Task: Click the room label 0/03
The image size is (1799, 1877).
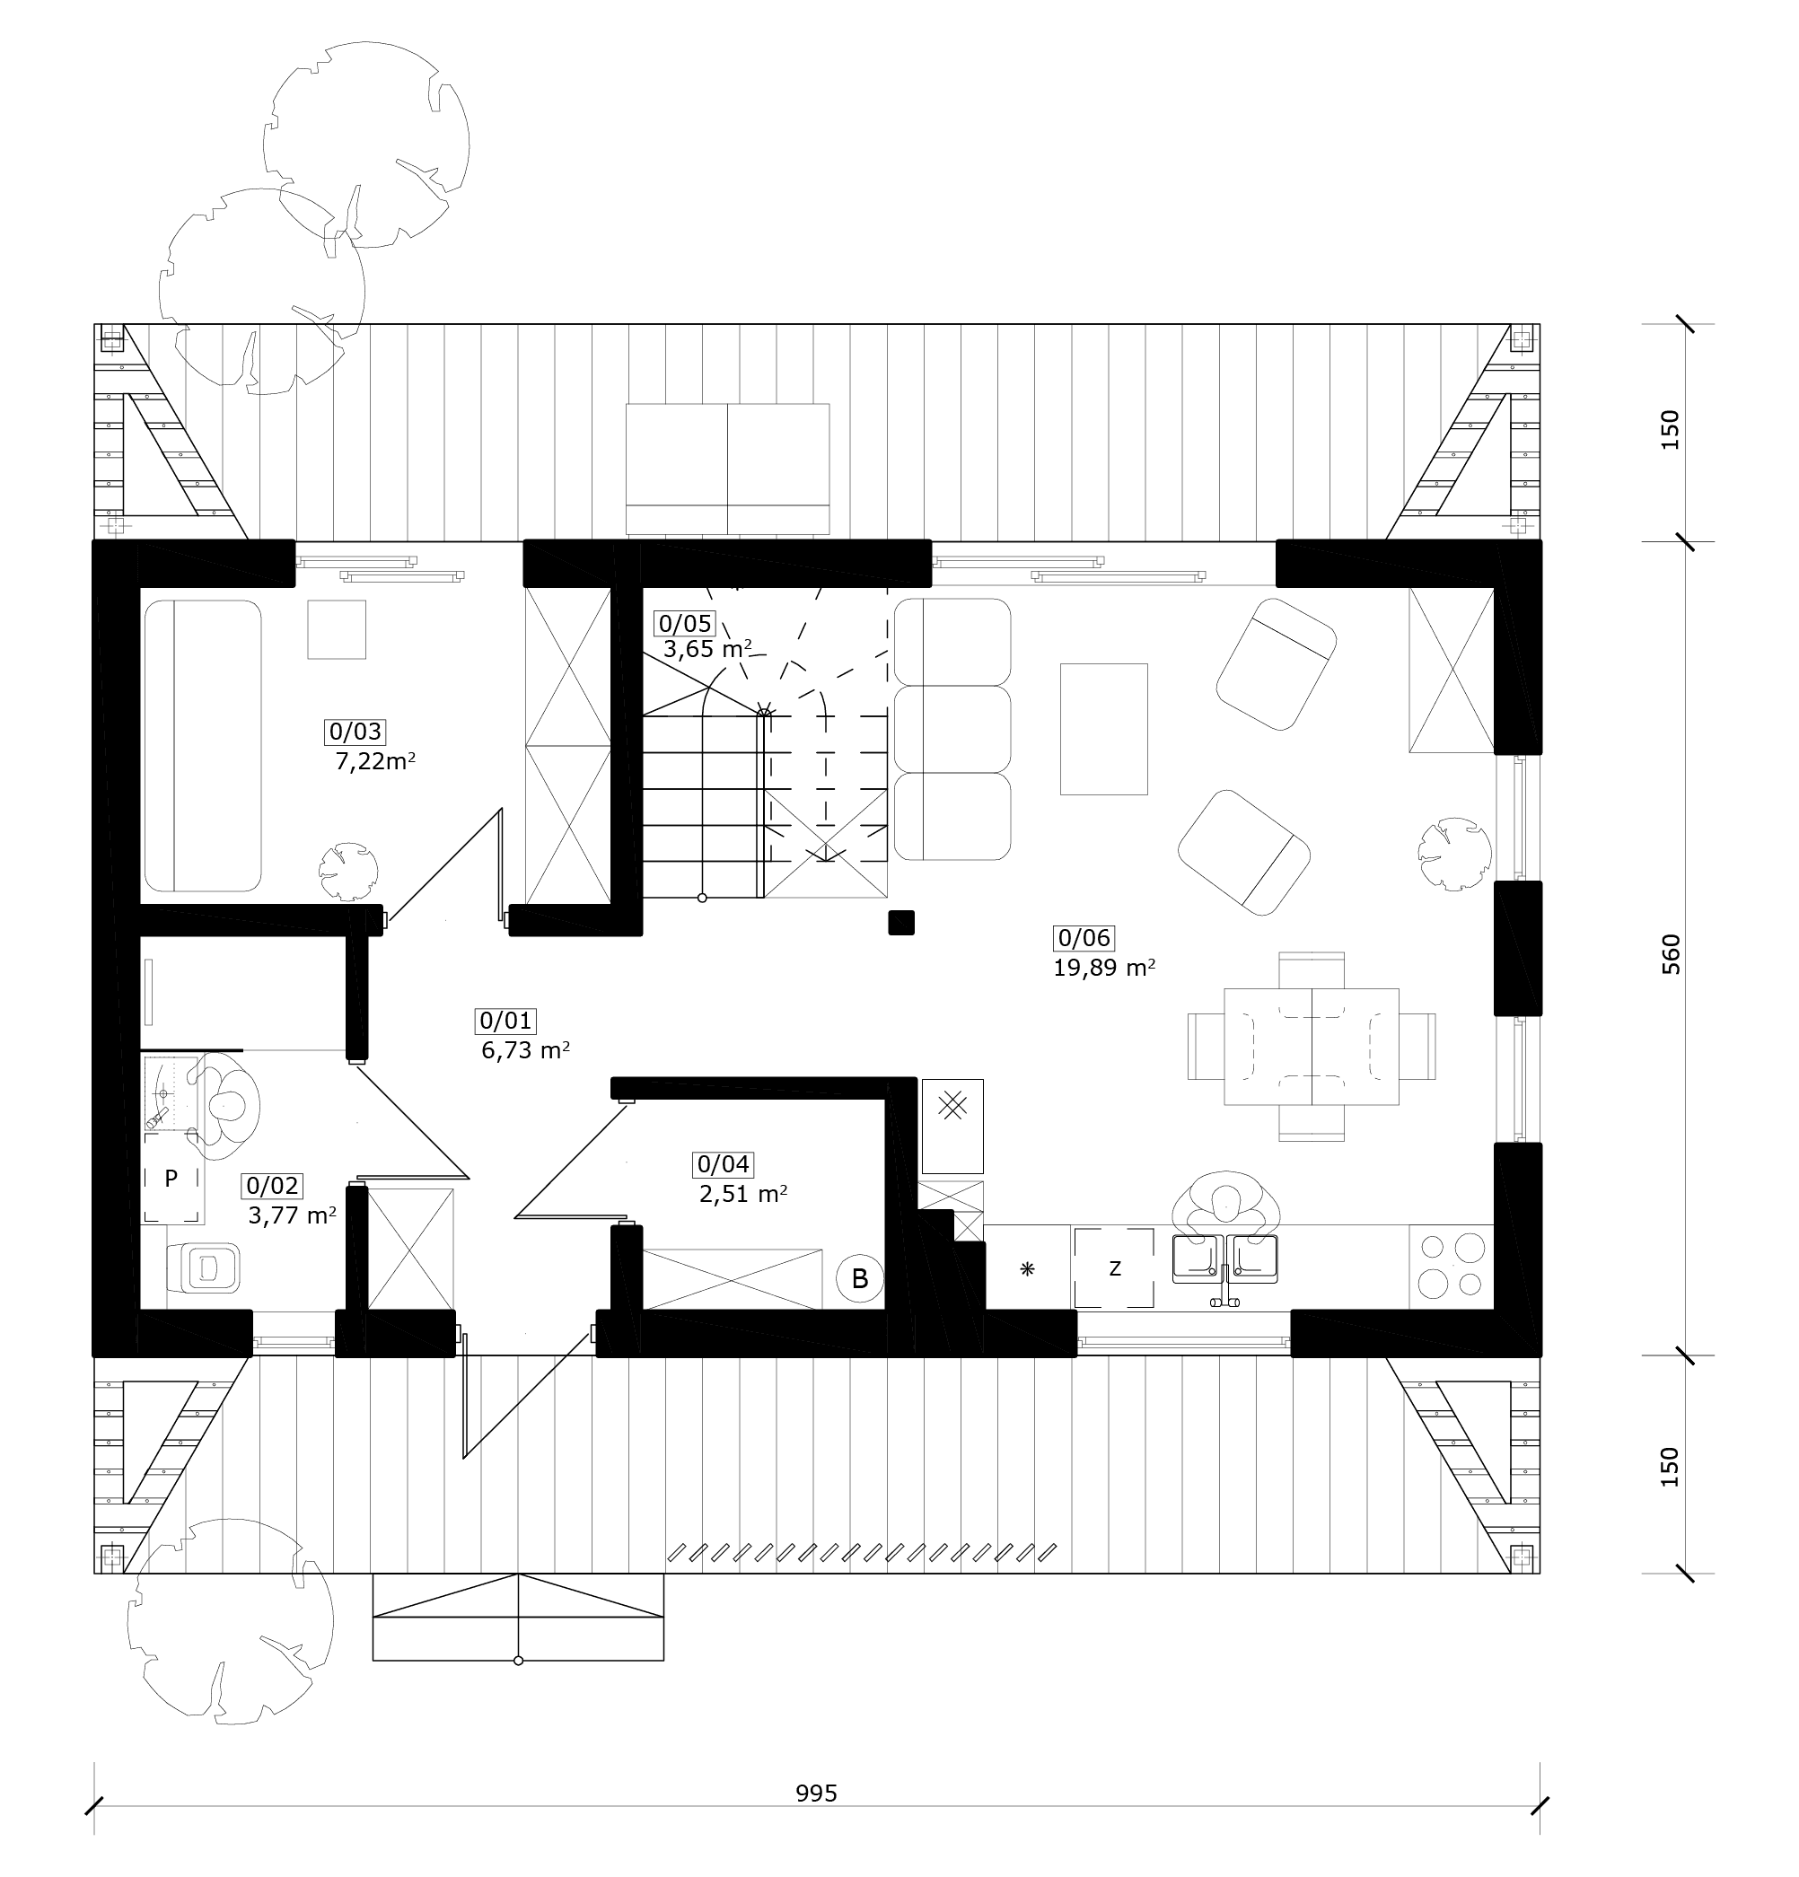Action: [355, 732]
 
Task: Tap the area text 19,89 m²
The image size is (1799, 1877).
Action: [1103, 969]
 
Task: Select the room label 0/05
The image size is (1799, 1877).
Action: [684, 624]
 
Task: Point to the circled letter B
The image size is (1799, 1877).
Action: [859, 1278]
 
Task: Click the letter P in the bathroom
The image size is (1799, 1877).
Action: [171, 1179]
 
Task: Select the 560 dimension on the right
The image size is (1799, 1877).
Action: [1671, 955]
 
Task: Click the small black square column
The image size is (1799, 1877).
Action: [901, 922]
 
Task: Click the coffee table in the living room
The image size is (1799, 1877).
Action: [1103, 729]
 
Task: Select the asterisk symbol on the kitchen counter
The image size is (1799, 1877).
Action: [1027, 1270]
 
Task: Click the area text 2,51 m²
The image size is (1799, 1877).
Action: [743, 1194]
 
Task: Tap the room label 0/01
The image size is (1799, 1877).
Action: [505, 1021]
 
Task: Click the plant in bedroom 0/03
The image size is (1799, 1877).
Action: [347, 872]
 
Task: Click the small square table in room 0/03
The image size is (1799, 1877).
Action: [337, 629]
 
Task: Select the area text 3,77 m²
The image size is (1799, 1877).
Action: [292, 1216]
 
